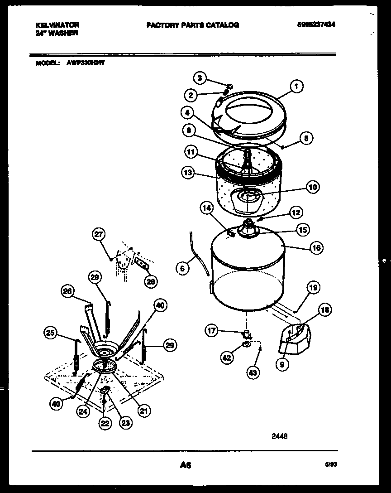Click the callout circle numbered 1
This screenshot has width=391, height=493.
296,86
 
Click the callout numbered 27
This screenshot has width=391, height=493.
98,234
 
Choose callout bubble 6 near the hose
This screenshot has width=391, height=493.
182,268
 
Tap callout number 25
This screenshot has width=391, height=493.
51,334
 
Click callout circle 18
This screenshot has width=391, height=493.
324,310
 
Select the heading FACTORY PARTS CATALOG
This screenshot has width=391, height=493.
192,25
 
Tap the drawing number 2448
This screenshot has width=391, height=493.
279,437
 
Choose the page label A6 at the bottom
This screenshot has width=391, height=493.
186,465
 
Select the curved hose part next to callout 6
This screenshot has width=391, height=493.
199,259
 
